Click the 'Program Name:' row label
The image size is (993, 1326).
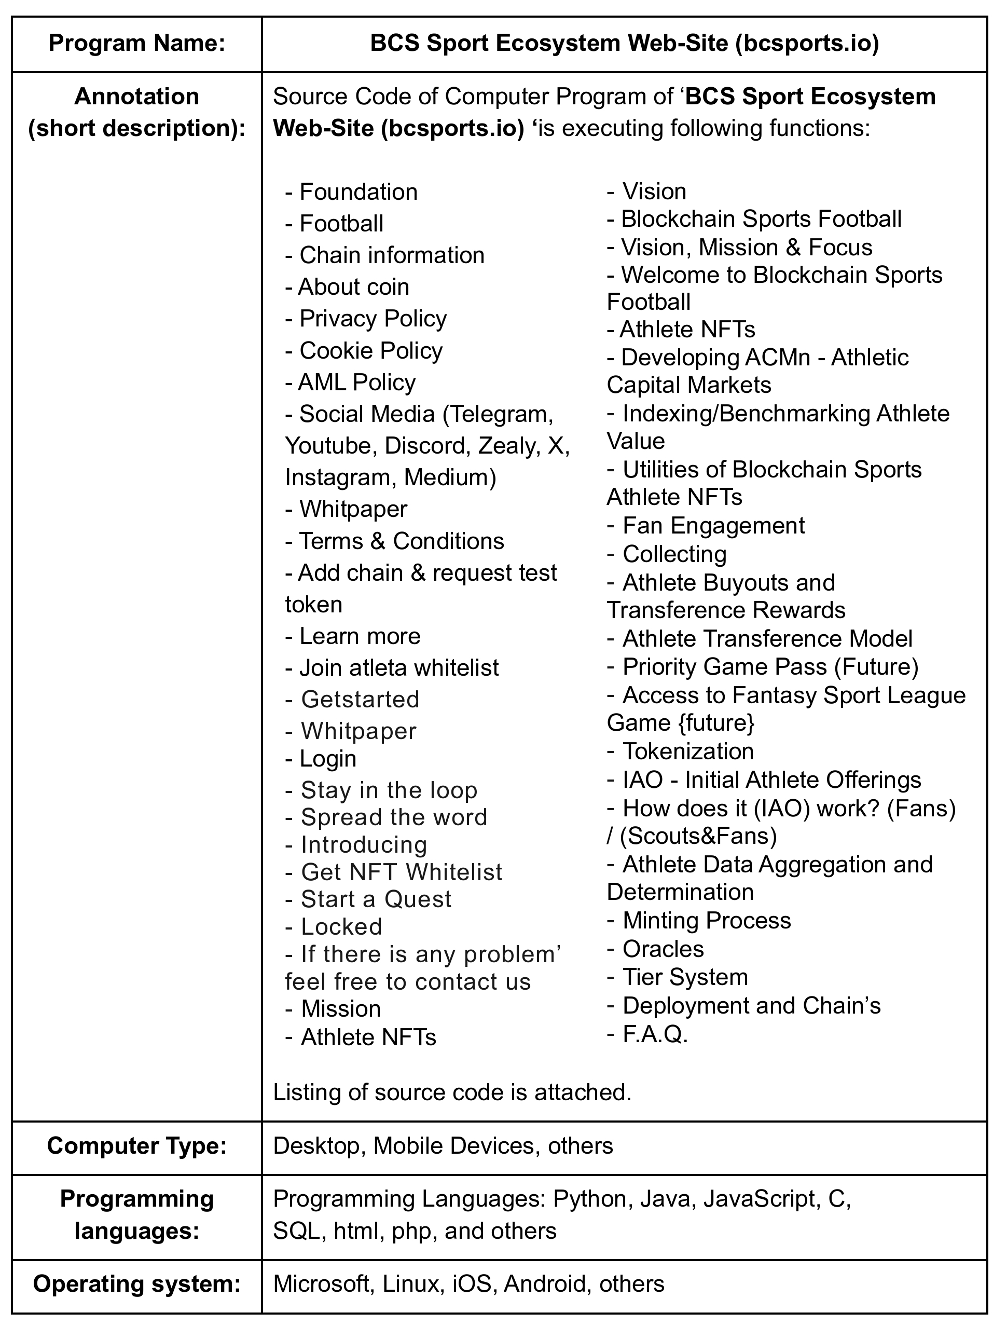(x=136, y=44)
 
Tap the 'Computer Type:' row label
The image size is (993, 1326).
(x=136, y=1145)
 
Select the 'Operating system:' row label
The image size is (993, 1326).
(x=136, y=1283)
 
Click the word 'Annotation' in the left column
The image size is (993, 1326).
(x=136, y=97)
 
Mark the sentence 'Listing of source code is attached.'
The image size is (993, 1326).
(x=452, y=1092)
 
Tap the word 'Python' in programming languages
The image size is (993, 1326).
(x=590, y=1199)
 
